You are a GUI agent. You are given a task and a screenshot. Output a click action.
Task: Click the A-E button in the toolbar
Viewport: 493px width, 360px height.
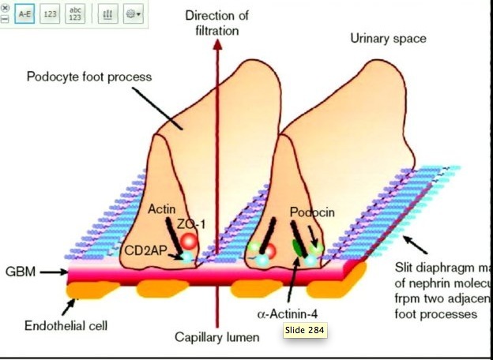tap(24, 14)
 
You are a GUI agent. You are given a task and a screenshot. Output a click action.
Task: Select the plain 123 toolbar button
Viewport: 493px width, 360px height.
tap(51, 14)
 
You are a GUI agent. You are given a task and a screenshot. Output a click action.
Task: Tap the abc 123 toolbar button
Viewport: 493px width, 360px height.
tap(77, 14)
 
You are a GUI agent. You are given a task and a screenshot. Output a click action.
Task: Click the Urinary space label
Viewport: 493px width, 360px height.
tap(389, 38)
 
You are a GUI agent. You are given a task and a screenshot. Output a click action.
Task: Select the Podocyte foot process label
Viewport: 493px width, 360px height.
tap(88, 77)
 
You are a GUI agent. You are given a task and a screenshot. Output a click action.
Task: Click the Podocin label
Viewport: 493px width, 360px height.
tap(311, 213)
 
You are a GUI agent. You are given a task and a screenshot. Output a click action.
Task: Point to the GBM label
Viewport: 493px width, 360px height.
tap(17, 271)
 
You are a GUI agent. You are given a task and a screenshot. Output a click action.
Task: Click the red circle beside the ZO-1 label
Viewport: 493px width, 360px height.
tap(188, 242)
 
